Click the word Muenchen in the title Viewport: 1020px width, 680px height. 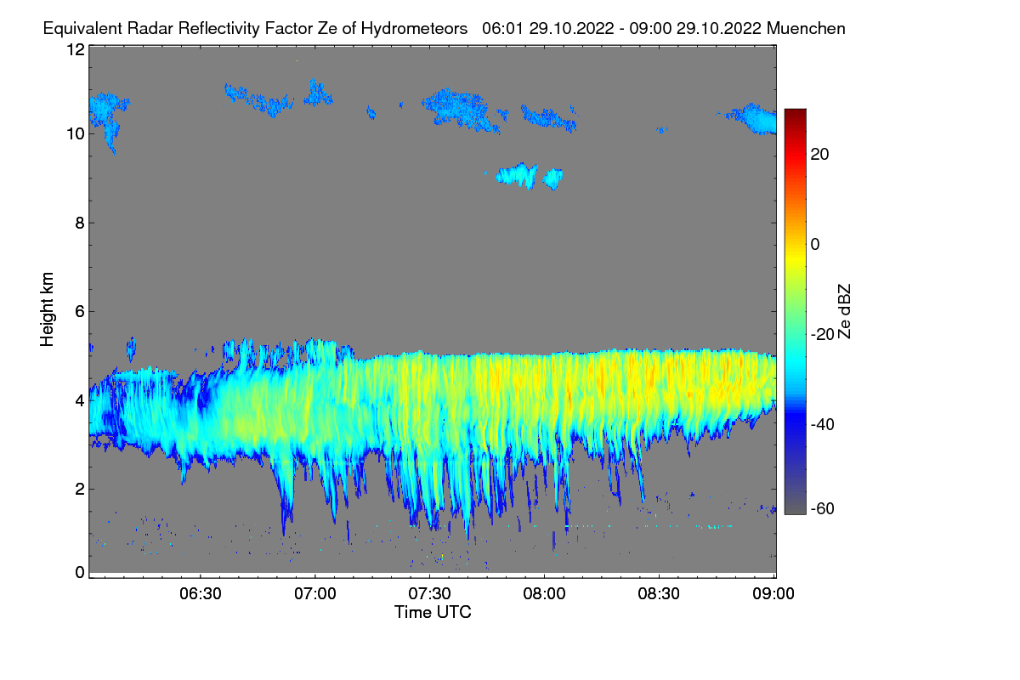tap(806, 28)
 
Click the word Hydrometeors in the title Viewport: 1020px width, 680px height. tap(414, 28)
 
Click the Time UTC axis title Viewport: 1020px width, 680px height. tap(433, 612)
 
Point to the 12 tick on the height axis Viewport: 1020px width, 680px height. tap(75, 49)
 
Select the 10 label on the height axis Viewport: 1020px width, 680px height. tap(75, 133)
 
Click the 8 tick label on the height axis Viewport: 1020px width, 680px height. tap(79, 223)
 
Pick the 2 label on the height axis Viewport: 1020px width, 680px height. tap(79, 489)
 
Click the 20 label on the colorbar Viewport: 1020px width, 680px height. tap(820, 154)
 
